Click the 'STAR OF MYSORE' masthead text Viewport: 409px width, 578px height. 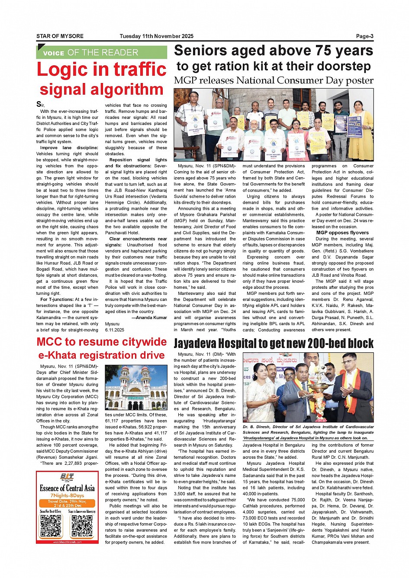[60, 36]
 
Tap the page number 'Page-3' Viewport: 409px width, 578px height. [364, 36]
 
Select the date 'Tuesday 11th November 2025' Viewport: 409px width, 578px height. [156, 36]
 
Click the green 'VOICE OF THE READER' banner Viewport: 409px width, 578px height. [101, 53]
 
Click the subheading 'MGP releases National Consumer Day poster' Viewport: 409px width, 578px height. [274, 80]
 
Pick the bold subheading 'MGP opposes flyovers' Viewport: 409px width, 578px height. [342, 233]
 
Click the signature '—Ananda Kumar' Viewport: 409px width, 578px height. [149, 317]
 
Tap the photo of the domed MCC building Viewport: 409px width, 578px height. [136, 388]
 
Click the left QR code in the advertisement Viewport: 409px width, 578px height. [51, 526]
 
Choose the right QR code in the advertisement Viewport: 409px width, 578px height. [82, 526]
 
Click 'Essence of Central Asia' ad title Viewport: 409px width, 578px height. [67, 488]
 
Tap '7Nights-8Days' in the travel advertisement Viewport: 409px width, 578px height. [67, 495]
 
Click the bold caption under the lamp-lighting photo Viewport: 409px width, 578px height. [308, 432]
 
